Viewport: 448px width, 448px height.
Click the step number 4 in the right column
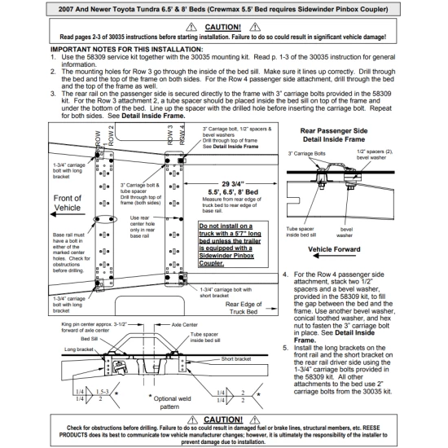coord(284,275)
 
